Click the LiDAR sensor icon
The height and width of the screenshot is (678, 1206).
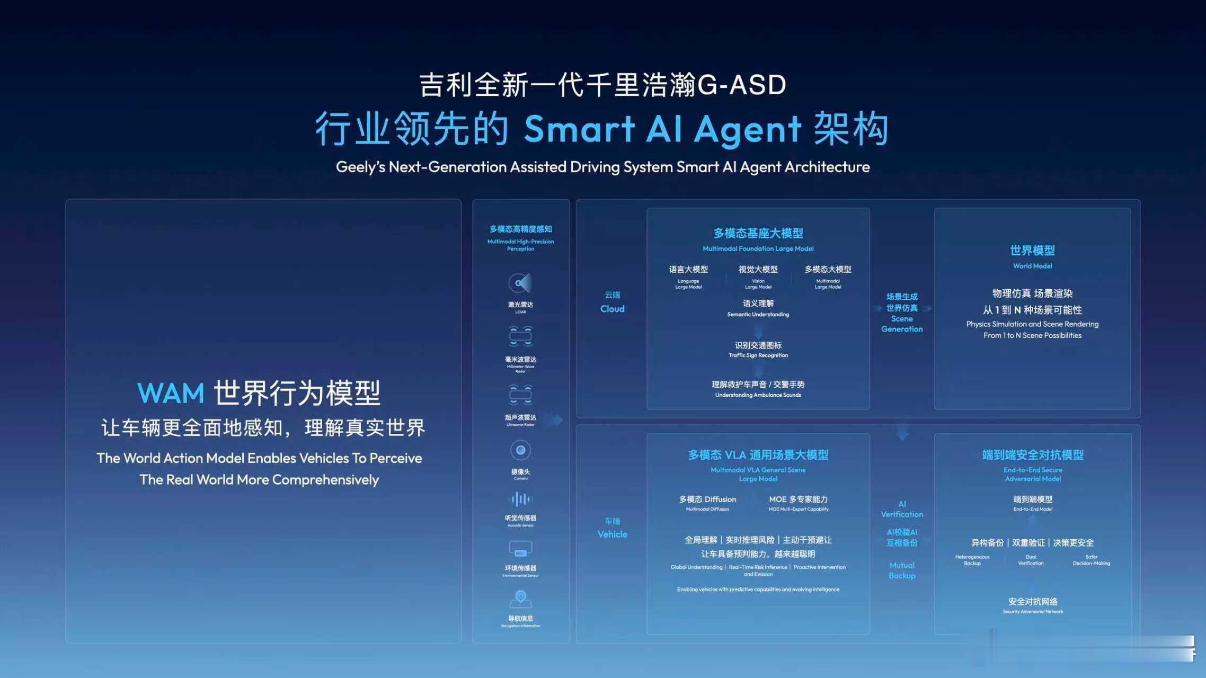pyautogui.click(x=520, y=283)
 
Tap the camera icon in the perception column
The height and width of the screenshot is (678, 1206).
pyautogui.click(x=520, y=450)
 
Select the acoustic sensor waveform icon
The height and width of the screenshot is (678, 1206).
pyautogui.click(x=520, y=499)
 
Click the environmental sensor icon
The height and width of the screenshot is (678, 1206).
pyautogui.click(x=520, y=549)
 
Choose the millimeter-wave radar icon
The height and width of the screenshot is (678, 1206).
pyautogui.click(x=520, y=336)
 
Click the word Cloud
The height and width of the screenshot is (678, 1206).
pyautogui.click(x=612, y=309)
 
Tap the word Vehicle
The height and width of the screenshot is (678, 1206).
pyautogui.click(x=612, y=534)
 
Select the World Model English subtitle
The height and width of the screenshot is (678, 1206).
pyautogui.click(x=1032, y=266)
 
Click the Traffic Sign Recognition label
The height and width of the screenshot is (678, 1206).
pyautogui.click(x=758, y=355)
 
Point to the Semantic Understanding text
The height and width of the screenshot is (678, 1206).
pyautogui.click(x=758, y=315)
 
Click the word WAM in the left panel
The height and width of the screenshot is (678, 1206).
pyautogui.click(x=171, y=394)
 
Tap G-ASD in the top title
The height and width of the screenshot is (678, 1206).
pyautogui.click(x=742, y=85)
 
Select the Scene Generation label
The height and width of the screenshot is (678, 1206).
pyautogui.click(x=902, y=324)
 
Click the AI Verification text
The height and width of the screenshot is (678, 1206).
pyautogui.click(x=902, y=509)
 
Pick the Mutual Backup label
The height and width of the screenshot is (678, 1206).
pyautogui.click(x=902, y=570)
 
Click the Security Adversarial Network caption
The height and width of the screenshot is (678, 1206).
pyautogui.click(x=1033, y=612)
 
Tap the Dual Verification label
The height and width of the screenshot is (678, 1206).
pyautogui.click(x=1031, y=560)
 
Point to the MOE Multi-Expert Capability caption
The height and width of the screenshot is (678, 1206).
pyautogui.click(x=798, y=509)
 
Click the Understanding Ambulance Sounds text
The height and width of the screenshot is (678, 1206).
pyautogui.click(x=758, y=395)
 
